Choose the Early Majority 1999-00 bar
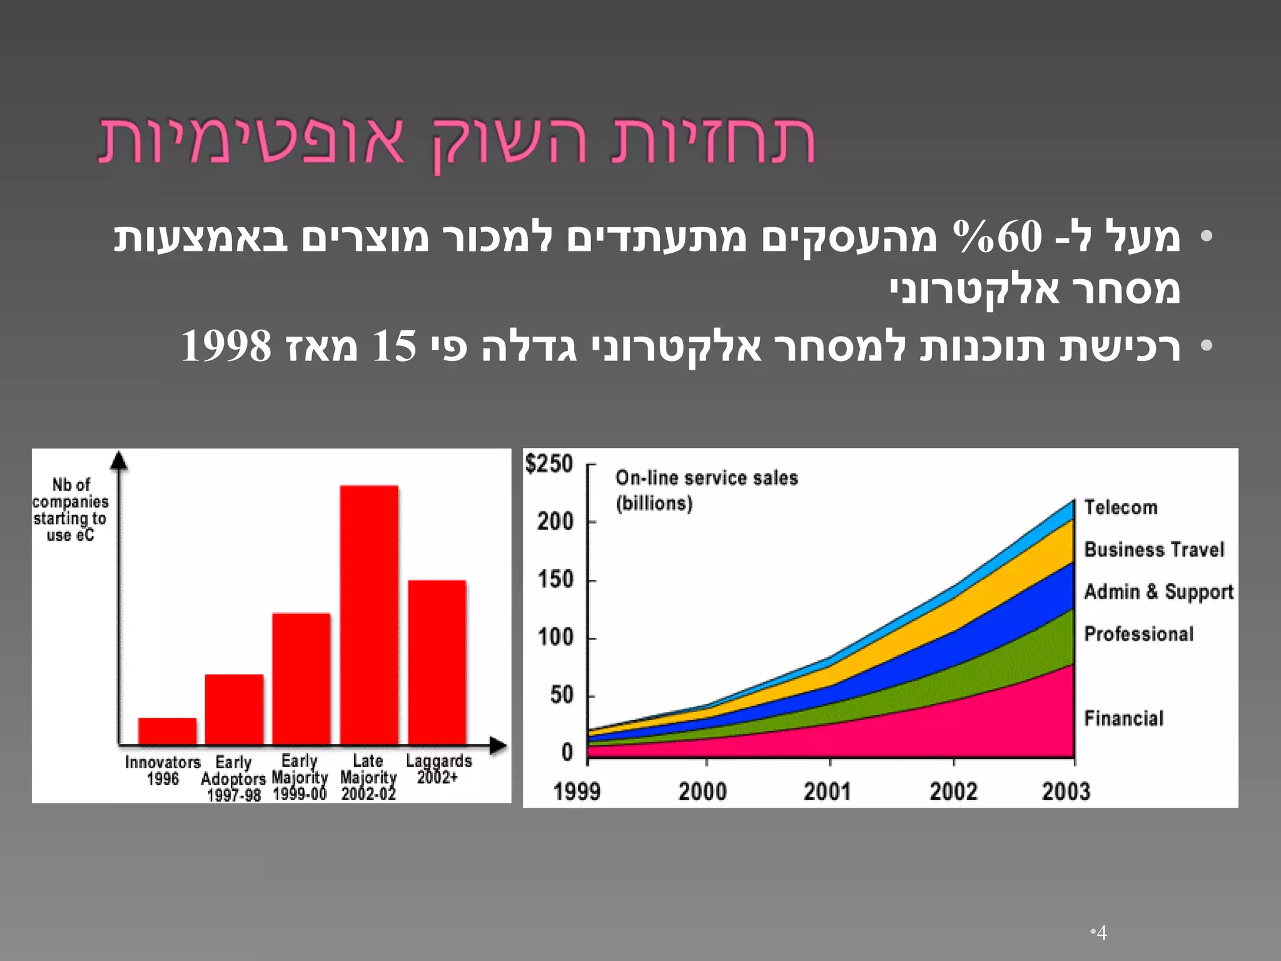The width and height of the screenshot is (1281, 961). [x=301, y=678]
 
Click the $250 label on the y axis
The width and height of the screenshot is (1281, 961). [x=549, y=464]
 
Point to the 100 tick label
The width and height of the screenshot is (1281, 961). [x=555, y=638]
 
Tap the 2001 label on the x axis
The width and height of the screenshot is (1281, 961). [x=827, y=791]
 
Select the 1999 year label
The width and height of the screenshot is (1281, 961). [x=577, y=791]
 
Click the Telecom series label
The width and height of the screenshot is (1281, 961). [x=1120, y=507]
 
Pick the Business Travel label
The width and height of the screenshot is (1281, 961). [x=1154, y=550]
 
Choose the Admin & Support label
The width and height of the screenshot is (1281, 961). [x=1158, y=592]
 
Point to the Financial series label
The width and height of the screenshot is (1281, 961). [x=1124, y=718]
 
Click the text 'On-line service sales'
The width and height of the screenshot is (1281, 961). [x=707, y=478]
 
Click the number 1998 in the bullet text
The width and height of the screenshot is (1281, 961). [x=226, y=346]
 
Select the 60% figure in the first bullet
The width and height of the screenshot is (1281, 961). [x=997, y=237]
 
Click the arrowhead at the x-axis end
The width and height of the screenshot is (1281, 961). [x=498, y=745]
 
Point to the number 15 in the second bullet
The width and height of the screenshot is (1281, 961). [x=394, y=346]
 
